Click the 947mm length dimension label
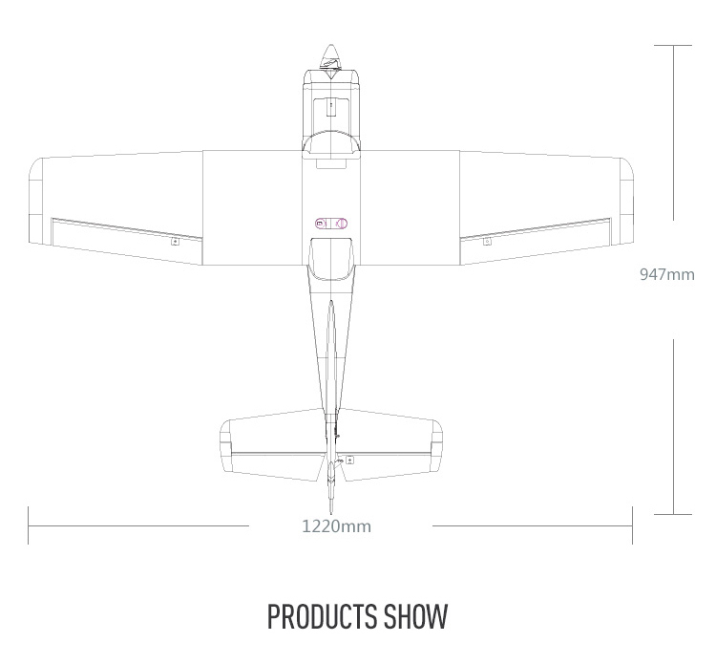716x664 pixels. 667,274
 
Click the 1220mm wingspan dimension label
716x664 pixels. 337,526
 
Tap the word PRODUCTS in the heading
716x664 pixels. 323,616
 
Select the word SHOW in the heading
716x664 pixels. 415,616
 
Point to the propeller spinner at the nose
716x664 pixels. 330,57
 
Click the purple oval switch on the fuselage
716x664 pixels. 331,224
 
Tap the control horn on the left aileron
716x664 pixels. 175,242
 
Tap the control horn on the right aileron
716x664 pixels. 487,242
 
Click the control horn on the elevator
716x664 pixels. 349,461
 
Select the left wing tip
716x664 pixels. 35,201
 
